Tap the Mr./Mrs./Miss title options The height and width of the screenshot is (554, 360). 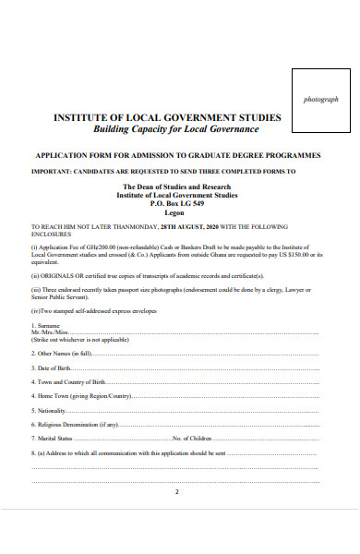click(x=50, y=332)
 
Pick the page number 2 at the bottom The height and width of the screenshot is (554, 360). click(x=176, y=492)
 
